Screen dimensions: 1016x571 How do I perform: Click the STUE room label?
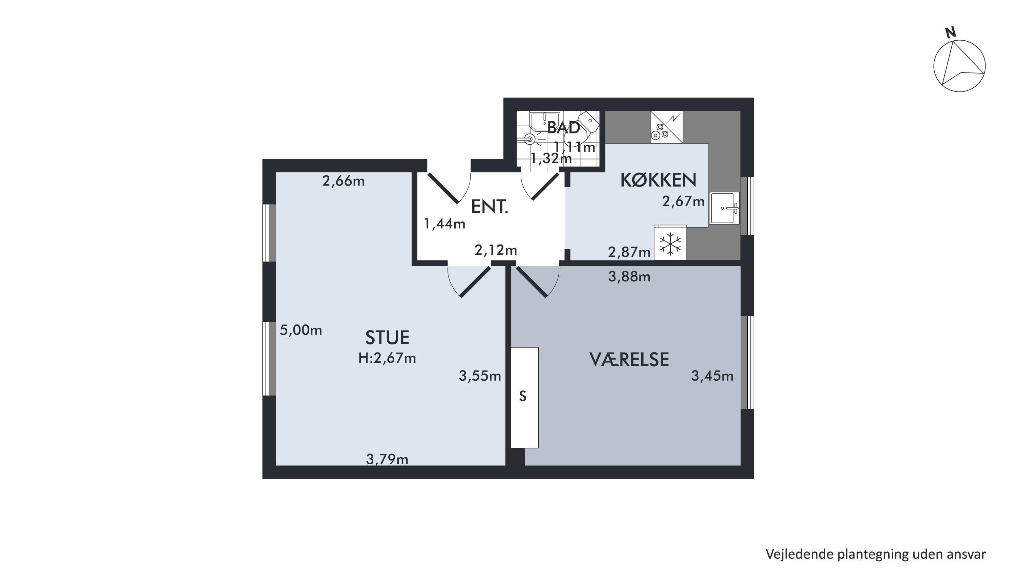click(387, 338)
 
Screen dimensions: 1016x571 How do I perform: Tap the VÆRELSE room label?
click(629, 360)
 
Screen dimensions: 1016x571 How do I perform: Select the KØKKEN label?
click(658, 180)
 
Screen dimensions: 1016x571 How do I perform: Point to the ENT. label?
click(490, 207)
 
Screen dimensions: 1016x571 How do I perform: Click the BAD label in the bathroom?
click(564, 127)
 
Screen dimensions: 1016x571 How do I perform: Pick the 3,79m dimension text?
click(387, 459)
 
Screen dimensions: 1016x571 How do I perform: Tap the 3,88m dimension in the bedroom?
click(629, 277)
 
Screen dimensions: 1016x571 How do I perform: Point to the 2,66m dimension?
click(343, 181)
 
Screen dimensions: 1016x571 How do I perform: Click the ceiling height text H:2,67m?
click(387, 358)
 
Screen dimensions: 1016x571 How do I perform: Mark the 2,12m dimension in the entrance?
click(495, 250)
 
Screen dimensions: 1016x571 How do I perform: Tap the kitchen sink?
click(724, 208)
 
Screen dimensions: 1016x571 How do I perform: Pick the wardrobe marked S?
click(524, 398)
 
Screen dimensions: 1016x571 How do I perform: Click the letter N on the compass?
click(951, 33)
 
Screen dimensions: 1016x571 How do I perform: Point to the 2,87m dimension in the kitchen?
click(629, 252)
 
